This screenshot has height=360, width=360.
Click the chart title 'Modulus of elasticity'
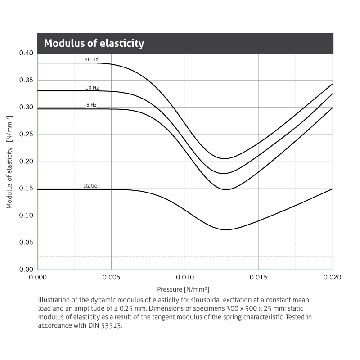(94, 44)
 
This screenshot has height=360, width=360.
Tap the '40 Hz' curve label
(91, 59)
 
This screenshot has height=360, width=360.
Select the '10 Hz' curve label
(92, 88)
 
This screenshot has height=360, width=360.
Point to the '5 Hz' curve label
(91, 105)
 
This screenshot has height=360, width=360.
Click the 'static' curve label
(90, 186)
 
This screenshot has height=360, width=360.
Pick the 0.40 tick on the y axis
(26, 54)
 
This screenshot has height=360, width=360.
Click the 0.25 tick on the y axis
(26, 135)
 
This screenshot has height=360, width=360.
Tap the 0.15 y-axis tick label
(26, 189)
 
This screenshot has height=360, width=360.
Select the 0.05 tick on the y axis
(26, 243)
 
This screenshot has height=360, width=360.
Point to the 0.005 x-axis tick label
(111, 278)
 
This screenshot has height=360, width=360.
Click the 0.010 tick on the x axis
(185, 278)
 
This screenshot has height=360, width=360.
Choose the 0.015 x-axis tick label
(259, 278)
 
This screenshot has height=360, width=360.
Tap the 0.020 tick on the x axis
(333, 278)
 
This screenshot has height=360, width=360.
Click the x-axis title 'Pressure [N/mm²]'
(183, 289)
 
